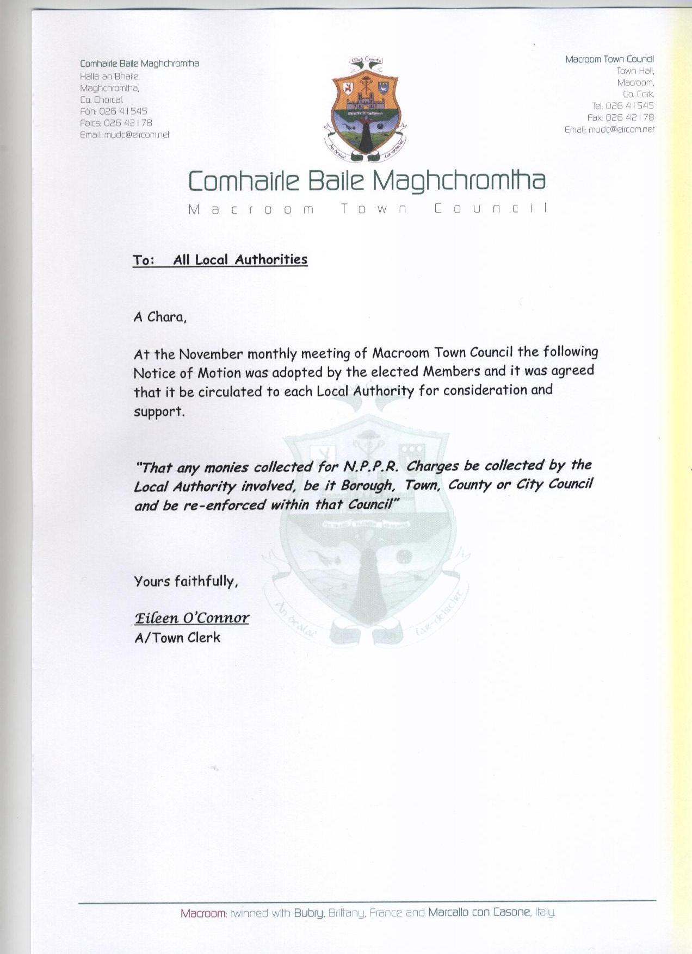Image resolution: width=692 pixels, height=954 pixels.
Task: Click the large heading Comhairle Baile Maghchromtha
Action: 366,180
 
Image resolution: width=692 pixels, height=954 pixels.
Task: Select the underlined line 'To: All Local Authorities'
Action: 220,260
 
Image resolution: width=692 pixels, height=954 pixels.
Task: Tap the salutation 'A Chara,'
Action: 160,317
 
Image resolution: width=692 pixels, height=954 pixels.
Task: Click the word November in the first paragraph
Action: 211,354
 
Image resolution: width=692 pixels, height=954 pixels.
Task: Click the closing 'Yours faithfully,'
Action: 186,581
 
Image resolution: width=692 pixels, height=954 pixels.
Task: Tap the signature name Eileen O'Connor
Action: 191,618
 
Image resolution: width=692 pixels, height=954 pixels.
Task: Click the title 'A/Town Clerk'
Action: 177,637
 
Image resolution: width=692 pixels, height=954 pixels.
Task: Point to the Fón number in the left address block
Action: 123,111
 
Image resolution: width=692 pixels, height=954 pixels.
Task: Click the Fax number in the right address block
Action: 629,117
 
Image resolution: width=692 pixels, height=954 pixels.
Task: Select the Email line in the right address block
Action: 609,129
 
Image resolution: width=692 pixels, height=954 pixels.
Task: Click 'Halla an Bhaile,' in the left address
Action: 110,76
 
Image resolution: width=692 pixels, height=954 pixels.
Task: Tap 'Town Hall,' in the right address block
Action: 635,71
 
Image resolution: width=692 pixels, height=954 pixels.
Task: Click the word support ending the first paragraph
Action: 158,411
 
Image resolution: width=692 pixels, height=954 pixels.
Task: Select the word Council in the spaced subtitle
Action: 490,209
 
